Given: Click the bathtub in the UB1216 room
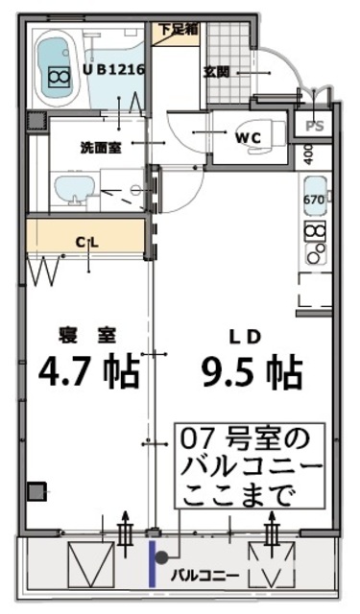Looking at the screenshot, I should click(59, 70).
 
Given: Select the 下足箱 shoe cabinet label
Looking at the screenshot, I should click(179, 29).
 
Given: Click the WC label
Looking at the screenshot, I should click(248, 135).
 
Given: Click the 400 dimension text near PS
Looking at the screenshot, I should click(309, 153).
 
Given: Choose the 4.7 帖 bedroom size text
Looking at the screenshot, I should click(89, 368).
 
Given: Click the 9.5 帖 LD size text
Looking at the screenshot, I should click(252, 368).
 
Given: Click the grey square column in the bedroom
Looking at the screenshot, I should click(36, 491).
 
